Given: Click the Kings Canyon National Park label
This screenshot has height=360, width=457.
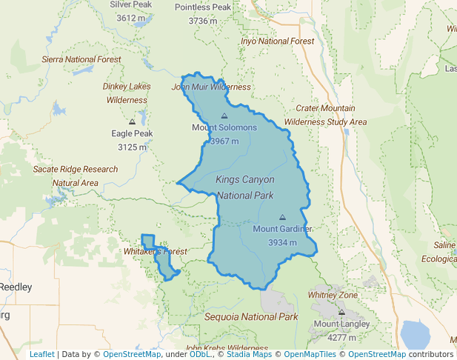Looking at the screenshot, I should (x=245, y=187).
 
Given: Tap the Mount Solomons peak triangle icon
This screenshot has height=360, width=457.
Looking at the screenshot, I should (x=224, y=116).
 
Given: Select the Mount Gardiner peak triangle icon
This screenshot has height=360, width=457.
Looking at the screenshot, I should (x=282, y=217).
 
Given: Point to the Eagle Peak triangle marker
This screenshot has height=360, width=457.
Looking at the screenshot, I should (x=132, y=121).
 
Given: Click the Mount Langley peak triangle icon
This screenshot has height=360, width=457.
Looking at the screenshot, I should (x=341, y=312).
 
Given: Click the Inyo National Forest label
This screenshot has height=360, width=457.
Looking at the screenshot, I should (x=278, y=41).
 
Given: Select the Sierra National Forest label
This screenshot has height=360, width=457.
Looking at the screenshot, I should (x=81, y=59).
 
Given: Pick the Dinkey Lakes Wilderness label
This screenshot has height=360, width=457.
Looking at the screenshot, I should (x=127, y=93).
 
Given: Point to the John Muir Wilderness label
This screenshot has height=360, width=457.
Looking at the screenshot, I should (x=211, y=87).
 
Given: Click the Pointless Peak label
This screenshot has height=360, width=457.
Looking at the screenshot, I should (x=203, y=7).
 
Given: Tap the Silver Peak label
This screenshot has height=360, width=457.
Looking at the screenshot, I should (x=131, y=4).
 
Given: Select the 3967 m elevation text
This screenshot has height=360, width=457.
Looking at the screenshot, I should (x=224, y=141).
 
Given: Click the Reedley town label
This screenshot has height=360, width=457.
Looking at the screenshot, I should (x=16, y=287).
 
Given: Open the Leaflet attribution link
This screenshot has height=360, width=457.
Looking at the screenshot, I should (x=41, y=354).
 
